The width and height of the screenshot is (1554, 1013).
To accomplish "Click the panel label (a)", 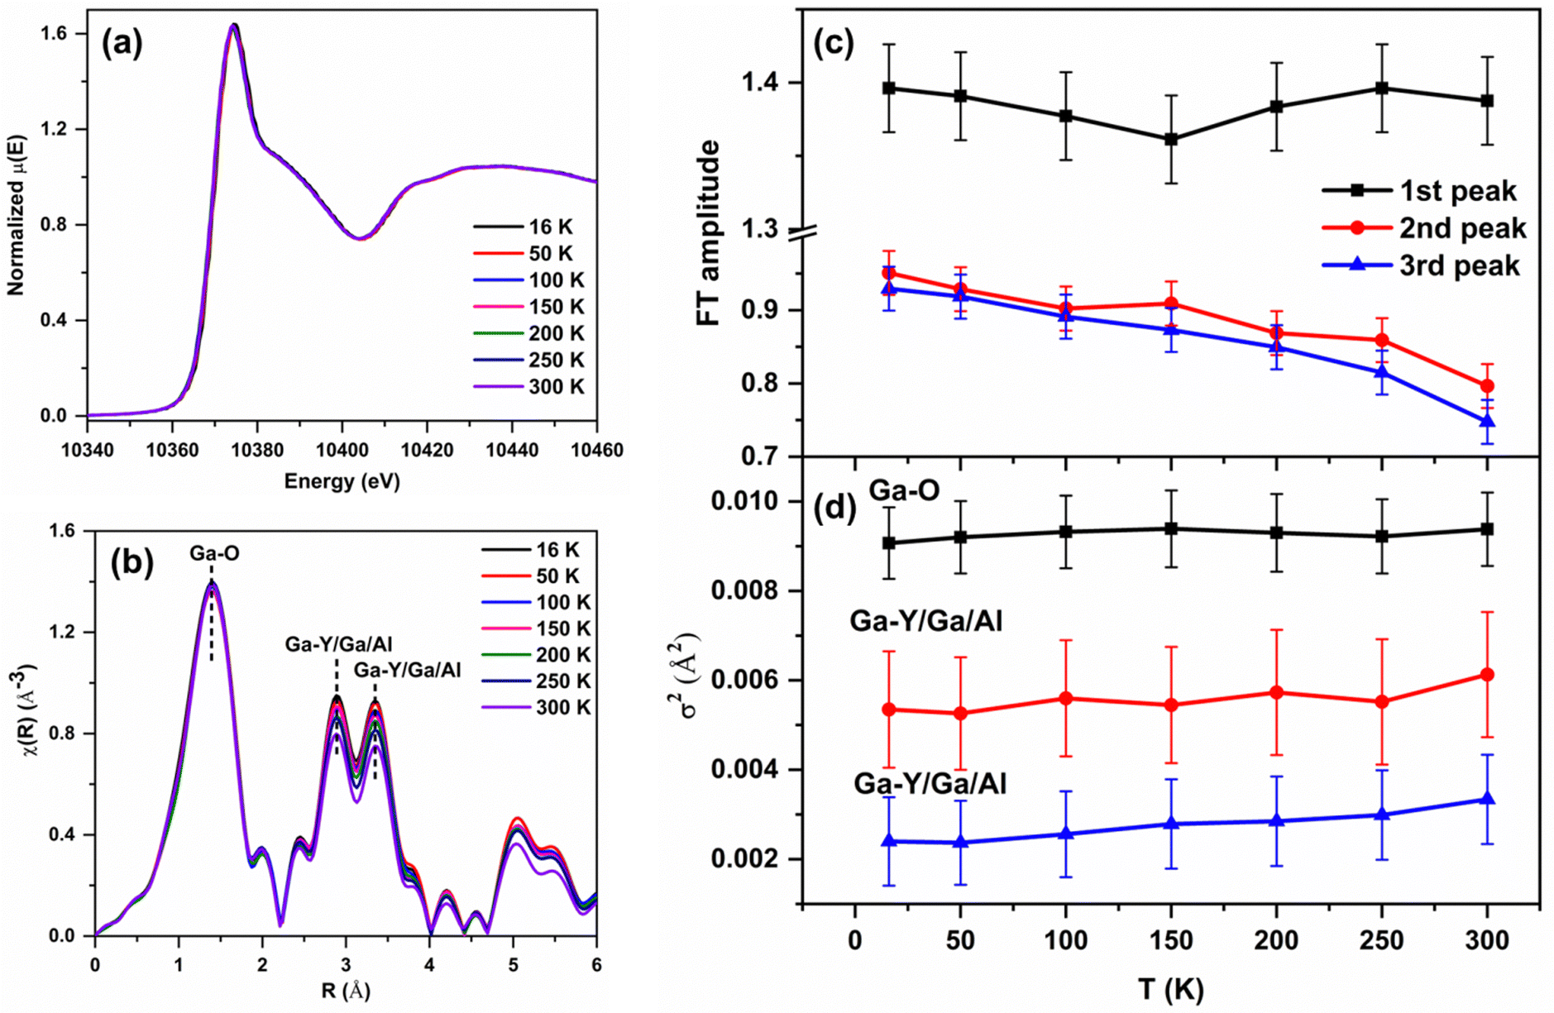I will (122, 44).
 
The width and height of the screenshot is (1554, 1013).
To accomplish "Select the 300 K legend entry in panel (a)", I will (529, 386).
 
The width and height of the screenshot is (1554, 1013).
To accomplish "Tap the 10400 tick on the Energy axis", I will (342, 450).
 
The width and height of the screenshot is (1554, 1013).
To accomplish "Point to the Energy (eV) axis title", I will (342, 481).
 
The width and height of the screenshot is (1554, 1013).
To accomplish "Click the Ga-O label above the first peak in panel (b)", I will (214, 553).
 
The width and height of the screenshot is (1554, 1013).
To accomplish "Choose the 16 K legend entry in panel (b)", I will (536, 550).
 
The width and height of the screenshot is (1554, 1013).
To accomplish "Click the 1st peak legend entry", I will (1419, 191).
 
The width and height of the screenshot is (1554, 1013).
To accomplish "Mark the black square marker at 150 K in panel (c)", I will (1171, 140).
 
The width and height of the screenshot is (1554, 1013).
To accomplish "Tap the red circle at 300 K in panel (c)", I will (1487, 386).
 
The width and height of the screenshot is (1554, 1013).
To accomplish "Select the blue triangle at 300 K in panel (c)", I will (1487, 422).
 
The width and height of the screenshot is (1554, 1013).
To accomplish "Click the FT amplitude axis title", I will (709, 232).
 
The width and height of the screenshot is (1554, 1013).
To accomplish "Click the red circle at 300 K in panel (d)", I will (1487, 675).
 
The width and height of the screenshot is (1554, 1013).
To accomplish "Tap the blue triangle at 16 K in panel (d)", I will (889, 841).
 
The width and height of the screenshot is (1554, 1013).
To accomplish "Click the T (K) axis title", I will (1170, 989).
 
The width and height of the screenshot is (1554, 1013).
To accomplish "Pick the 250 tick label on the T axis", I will (1381, 940).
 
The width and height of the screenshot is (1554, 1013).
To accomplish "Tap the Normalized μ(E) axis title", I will (17, 215).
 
